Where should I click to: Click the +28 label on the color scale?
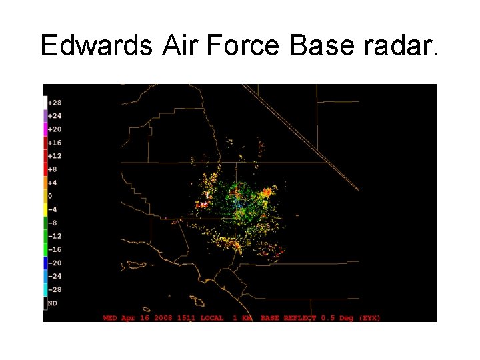tap(55, 103)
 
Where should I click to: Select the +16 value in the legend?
tap(55, 143)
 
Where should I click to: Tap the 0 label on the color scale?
tap(51, 196)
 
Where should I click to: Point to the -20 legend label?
tap(55, 263)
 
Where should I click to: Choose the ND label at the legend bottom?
tap(52, 303)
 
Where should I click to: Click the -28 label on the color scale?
tap(55, 289)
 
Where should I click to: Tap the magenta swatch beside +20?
tap(45, 129)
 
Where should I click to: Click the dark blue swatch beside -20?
tap(45, 263)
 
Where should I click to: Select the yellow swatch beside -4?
tap(45, 209)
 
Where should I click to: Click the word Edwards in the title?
tap(96, 45)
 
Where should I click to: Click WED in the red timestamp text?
tap(111, 318)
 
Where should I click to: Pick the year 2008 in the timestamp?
tap(163, 318)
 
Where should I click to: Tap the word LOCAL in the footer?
tap(212, 318)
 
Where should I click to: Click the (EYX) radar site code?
tap(369, 318)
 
